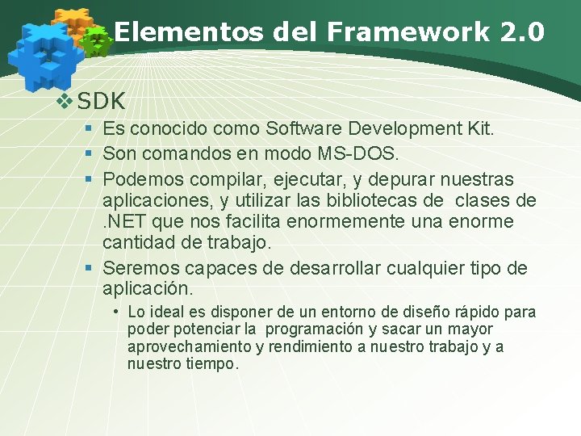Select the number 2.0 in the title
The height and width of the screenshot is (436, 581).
point(522,32)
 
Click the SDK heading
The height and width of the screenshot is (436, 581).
point(102,102)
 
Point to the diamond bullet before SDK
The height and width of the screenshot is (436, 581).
point(65,102)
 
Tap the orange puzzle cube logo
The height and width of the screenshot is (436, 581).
point(73,23)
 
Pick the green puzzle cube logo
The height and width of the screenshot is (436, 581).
point(98,40)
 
